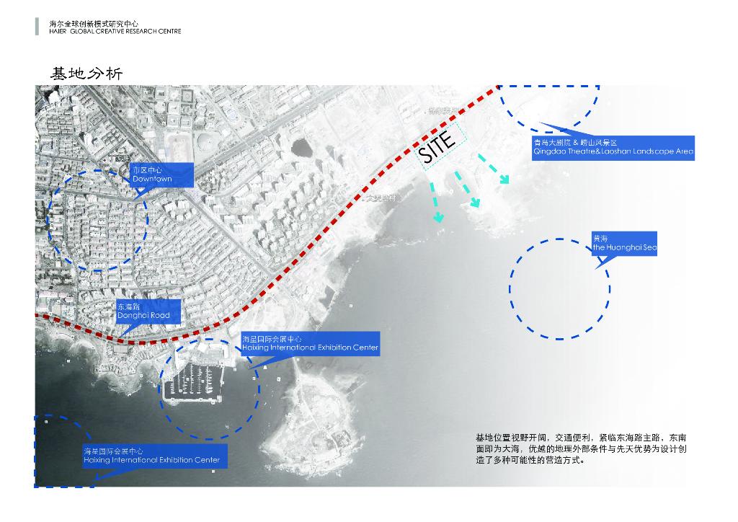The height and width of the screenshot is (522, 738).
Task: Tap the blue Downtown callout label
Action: (162, 175)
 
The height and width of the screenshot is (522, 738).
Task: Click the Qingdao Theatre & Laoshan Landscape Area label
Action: (613, 148)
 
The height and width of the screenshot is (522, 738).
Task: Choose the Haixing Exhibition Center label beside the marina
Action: (310, 344)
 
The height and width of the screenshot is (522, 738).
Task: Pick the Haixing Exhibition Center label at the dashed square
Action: (151, 456)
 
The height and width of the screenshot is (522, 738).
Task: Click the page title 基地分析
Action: (86, 74)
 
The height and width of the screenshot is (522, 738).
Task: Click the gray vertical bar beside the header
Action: (37, 27)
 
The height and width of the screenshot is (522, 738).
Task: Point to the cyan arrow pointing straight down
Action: (437, 205)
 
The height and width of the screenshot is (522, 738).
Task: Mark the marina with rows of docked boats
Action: (192, 381)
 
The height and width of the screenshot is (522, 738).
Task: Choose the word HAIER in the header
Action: (58, 32)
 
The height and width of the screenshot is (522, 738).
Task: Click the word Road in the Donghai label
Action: (160, 316)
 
